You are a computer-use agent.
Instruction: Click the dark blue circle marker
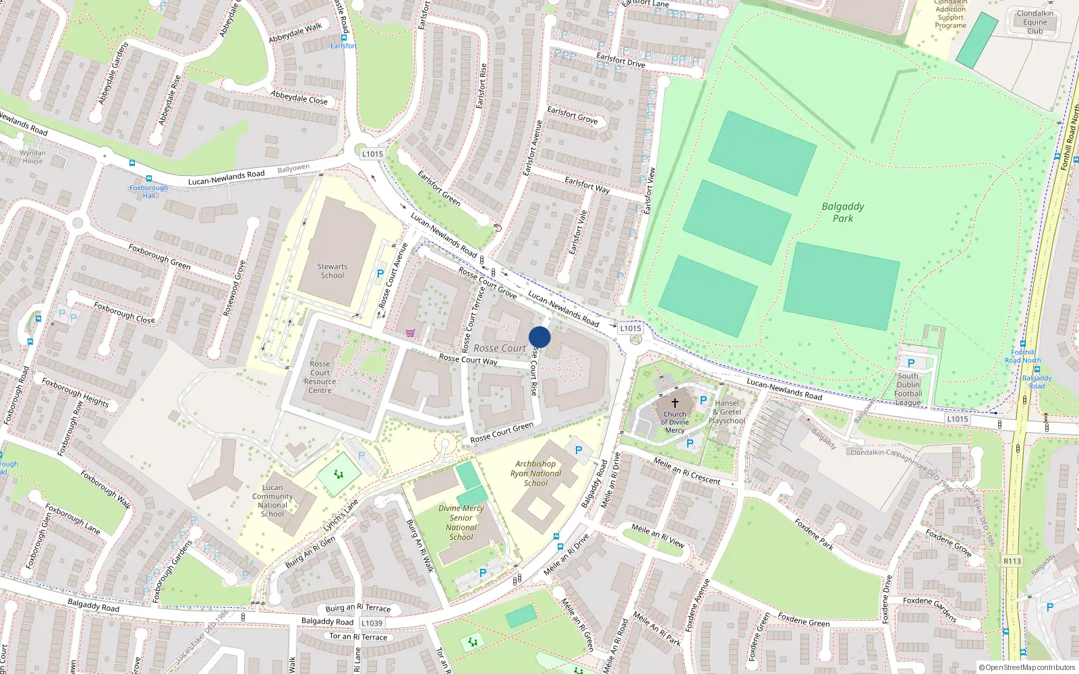point(539,337)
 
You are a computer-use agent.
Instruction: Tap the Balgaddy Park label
point(842,212)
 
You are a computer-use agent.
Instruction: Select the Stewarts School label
point(332,271)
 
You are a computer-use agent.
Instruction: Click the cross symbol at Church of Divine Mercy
point(674,402)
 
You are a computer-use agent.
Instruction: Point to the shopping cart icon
point(410,332)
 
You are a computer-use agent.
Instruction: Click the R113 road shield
point(1012,561)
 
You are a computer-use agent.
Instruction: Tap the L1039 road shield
point(372,623)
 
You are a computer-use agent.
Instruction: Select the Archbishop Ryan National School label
point(535,473)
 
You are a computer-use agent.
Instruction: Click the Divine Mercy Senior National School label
point(461,522)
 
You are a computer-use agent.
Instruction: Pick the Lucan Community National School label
point(272,500)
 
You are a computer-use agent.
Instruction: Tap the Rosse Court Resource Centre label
point(320,377)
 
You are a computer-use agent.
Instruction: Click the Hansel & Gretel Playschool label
point(727,412)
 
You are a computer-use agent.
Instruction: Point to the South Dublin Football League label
point(908,389)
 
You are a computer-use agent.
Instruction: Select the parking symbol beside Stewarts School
point(380,274)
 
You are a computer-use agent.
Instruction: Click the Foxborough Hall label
point(148,191)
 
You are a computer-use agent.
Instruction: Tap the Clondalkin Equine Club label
point(1034,22)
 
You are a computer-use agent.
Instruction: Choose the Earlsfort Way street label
point(587,185)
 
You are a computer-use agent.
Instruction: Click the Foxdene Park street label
point(813,534)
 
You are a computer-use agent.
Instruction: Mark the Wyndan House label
point(32,156)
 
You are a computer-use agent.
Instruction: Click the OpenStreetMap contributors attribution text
point(1026,667)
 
